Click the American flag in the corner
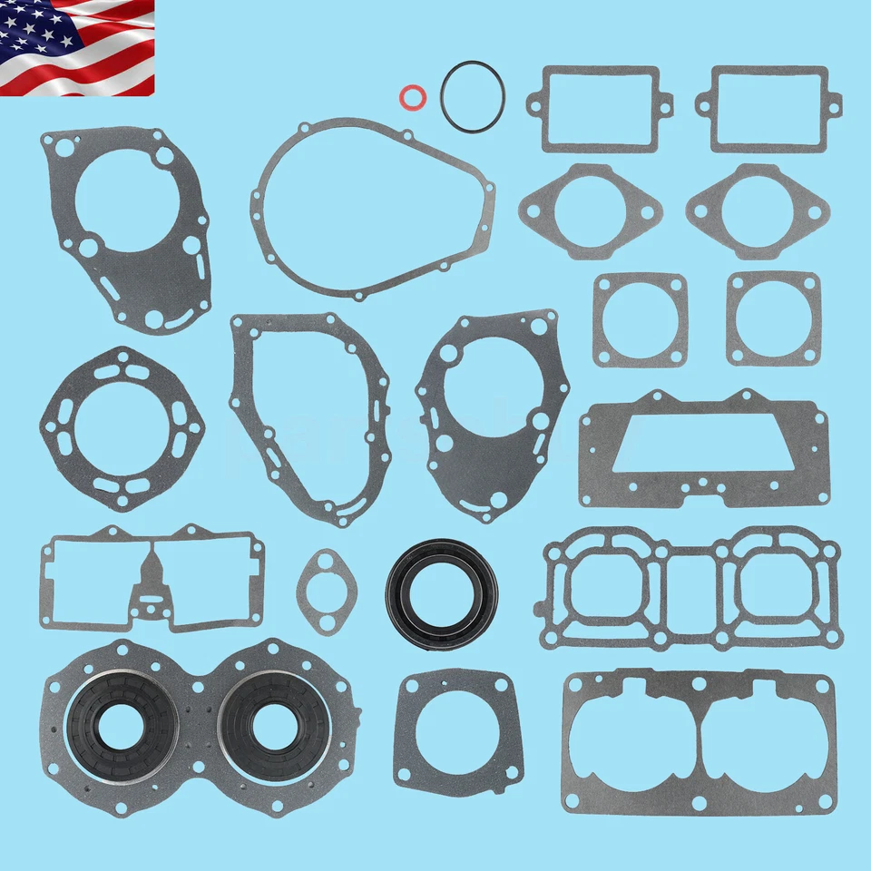[x=77, y=47]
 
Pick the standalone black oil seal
[x=442, y=593]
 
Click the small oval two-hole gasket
[x=327, y=591]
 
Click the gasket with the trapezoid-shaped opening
[x=704, y=448]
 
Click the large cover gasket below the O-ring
[x=372, y=209]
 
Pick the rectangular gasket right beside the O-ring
[x=600, y=108]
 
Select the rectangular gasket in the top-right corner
[x=768, y=108]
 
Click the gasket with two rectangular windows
[x=152, y=577]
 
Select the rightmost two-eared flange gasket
[x=758, y=211]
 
